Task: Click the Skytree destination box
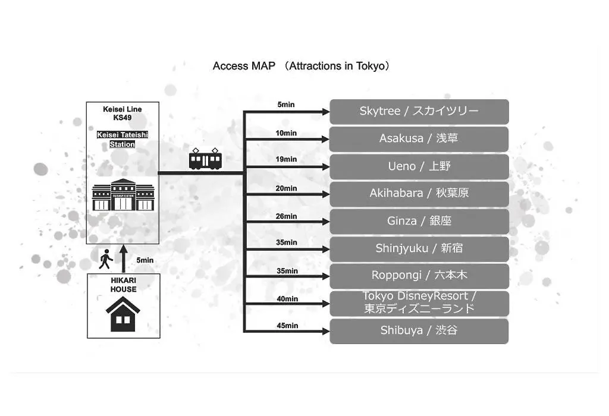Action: pyautogui.click(x=419, y=112)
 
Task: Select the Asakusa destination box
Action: pyautogui.click(x=419, y=139)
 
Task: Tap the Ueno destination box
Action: pyautogui.click(x=419, y=167)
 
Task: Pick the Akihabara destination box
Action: pyautogui.click(x=419, y=194)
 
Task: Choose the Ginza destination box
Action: pyautogui.click(x=419, y=222)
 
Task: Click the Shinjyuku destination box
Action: pyautogui.click(x=419, y=249)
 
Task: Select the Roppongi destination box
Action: pyautogui.click(x=419, y=276)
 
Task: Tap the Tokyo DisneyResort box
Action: pyautogui.click(x=419, y=304)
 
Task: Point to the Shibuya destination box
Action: pyautogui.click(x=419, y=331)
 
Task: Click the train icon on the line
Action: pyautogui.click(x=205, y=159)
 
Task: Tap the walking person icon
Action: pyautogui.click(x=105, y=259)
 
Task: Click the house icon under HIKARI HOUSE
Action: pyautogui.click(x=123, y=314)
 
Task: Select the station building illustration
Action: pyautogui.click(x=123, y=195)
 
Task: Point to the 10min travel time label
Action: pyautogui.click(x=286, y=133)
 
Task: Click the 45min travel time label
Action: pyautogui.click(x=287, y=326)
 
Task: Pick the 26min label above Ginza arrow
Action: pyautogui.click(x=286, y=216)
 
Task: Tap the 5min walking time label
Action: pyautogui.click(x=145, y=260)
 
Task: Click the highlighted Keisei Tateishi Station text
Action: pyautogui.click(x=123, y=139)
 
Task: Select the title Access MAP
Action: pyautogui.click(x=244, y=66)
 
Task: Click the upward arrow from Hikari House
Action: pyautogui.click(x=124, y=259)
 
